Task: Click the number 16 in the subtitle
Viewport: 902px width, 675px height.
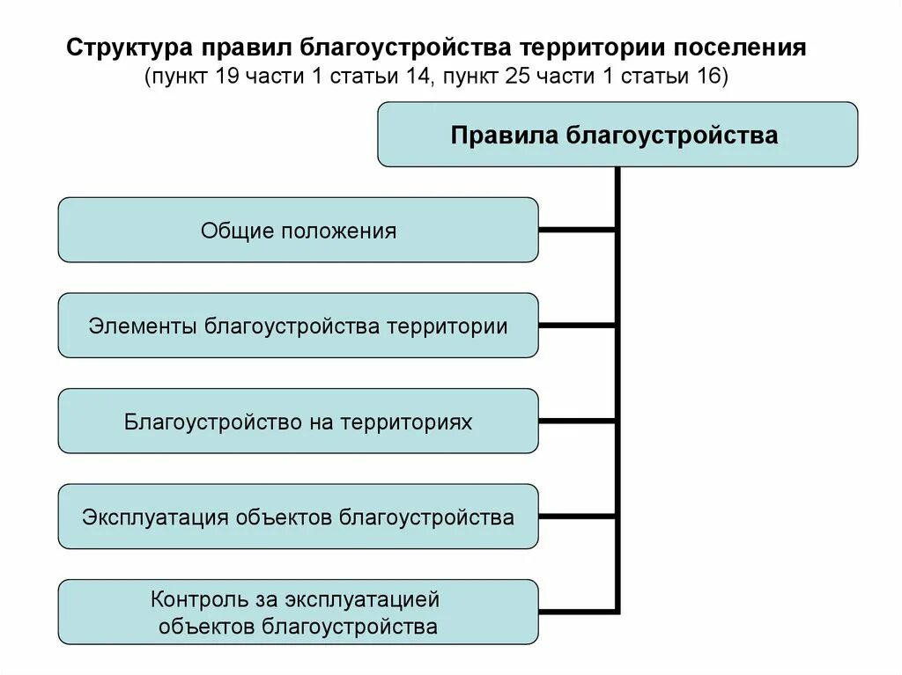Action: [709, 76]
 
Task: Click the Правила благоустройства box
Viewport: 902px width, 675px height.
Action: [617, 135]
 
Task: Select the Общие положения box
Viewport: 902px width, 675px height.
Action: [298, 230]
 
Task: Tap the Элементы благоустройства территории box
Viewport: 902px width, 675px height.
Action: [298, 326]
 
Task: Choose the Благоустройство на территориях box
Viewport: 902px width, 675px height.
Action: [298, 422]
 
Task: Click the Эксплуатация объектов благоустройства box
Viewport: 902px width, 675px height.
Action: [298, 517]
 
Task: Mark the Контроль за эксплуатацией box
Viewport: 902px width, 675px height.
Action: [298, 613]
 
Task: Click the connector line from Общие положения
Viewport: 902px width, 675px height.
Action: [577, 231]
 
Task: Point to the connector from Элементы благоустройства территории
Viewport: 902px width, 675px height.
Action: [577, 326]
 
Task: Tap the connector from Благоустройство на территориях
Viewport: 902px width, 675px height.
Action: [577, 422]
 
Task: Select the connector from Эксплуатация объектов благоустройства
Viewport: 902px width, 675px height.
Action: [577, 517]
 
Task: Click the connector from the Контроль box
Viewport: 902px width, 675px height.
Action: [577, 610]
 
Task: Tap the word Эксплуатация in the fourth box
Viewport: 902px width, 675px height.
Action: [155, 517]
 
